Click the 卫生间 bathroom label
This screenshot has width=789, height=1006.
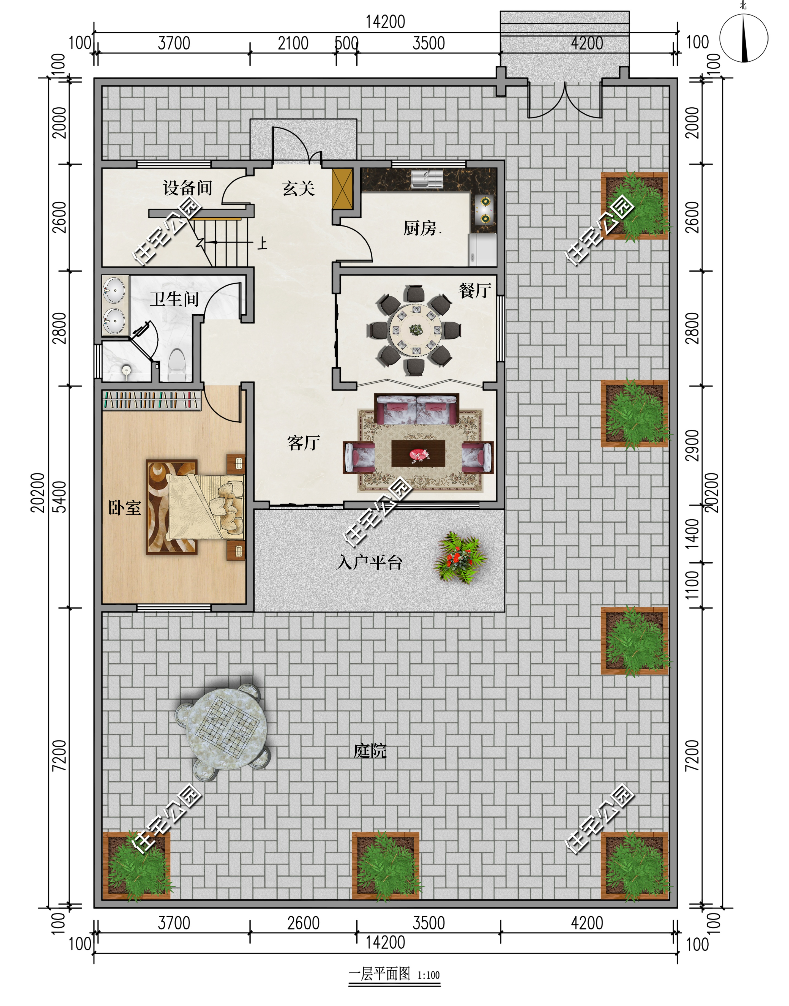[x=174, y=299]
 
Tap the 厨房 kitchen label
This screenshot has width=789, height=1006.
[x=421, y=228]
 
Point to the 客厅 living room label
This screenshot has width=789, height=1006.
[x=304, y=443]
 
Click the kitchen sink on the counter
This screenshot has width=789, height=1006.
[x=427, y=178]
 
